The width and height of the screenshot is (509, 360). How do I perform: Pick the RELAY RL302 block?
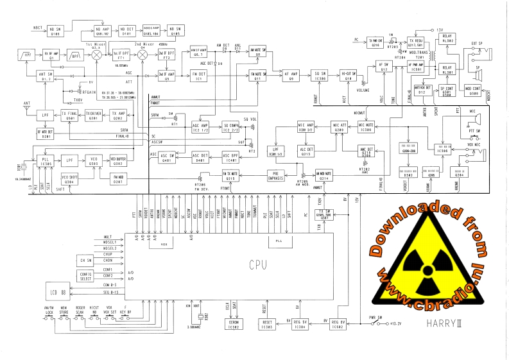click(447, 39)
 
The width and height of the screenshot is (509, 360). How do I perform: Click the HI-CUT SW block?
click(349, 76)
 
